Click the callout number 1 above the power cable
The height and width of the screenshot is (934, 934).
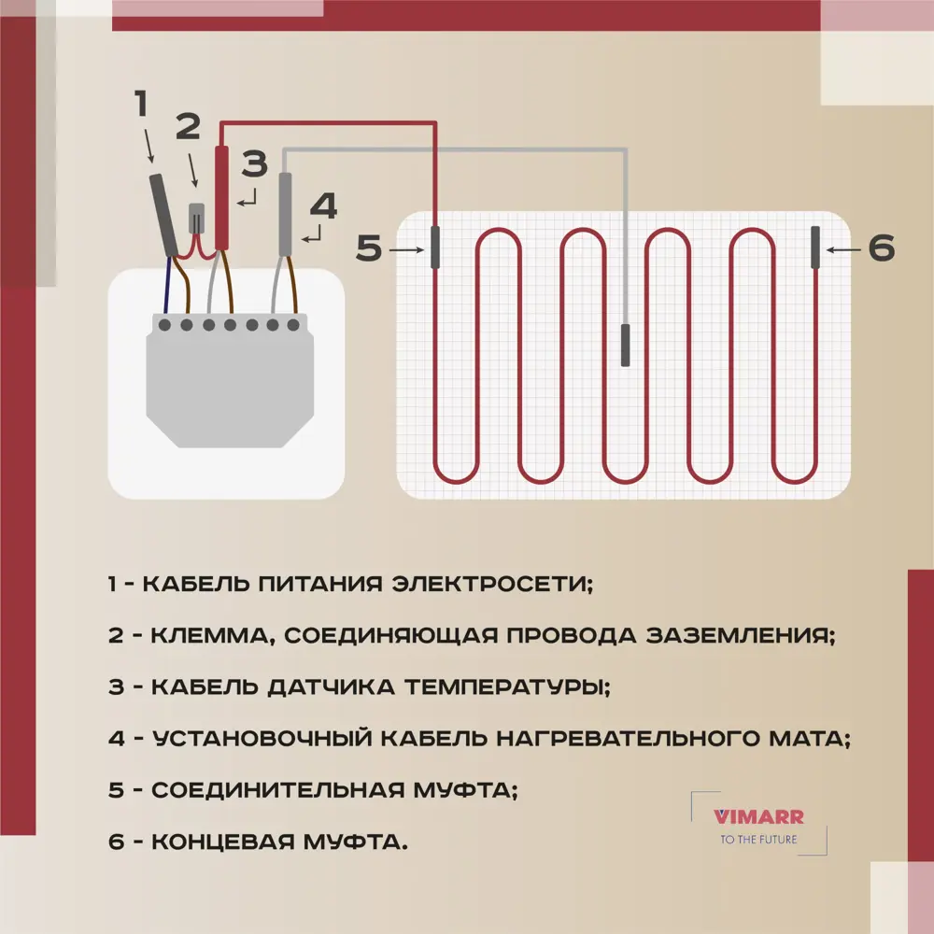pos(141,104)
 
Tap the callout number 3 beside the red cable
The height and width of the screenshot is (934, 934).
pos(255,164)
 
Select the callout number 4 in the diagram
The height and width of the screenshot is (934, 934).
pos(322,205)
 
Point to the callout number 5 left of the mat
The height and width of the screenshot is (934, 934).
pos(370,249)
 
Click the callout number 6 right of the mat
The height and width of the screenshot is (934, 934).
pos(881,248)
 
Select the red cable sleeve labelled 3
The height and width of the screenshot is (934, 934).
pos(222,198)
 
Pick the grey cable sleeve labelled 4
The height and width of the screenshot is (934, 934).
pos(286,214)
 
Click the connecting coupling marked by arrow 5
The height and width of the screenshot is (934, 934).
pos(435,248)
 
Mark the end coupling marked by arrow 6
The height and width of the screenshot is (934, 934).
pos(815,248)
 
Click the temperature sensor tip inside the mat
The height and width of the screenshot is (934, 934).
pos(626,346)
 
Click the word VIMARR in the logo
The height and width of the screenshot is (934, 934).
pos(758,816)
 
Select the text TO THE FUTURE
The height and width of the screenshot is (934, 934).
pos(758,839)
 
